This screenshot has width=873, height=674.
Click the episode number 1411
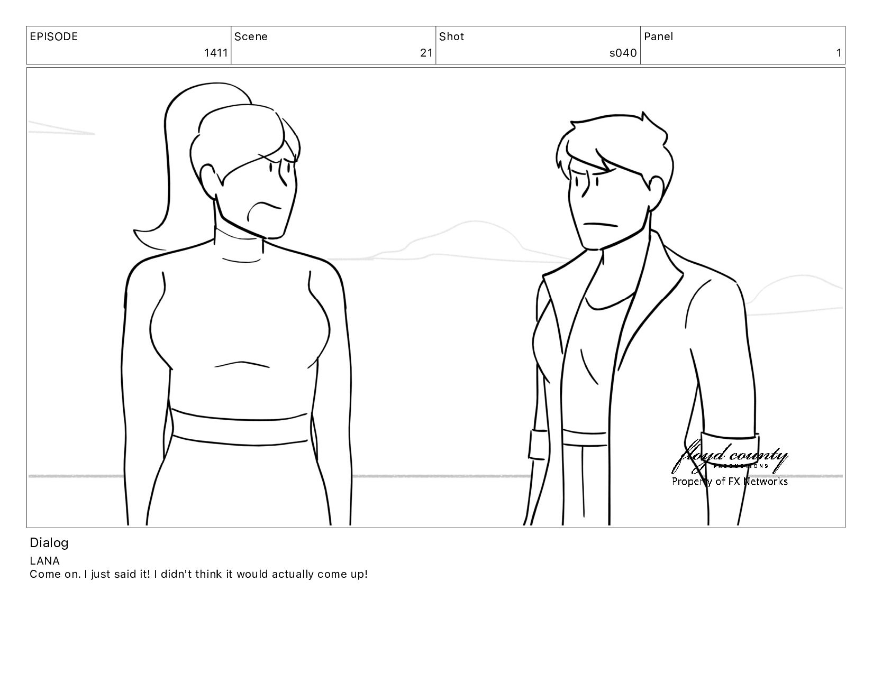click(216, 53)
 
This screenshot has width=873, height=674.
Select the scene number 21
click(426, 53)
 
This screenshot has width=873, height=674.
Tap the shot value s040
click(623, 53)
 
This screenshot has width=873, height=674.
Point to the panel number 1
click(839, 53)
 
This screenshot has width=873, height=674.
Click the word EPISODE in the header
click(54, 36)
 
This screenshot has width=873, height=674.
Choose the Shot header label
click(451, 36)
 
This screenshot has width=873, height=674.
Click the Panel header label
click(658, 36)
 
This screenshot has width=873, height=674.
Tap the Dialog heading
click(49, 543)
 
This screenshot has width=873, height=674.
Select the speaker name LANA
click(44, 561)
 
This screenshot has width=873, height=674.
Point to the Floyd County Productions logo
click(730, 457)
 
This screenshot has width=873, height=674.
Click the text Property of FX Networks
click(730, 481)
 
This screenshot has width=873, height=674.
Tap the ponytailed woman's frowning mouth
click(263, 209)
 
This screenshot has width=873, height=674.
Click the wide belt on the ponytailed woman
click(240, 428)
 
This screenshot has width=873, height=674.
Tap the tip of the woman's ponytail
click(135, 231)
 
